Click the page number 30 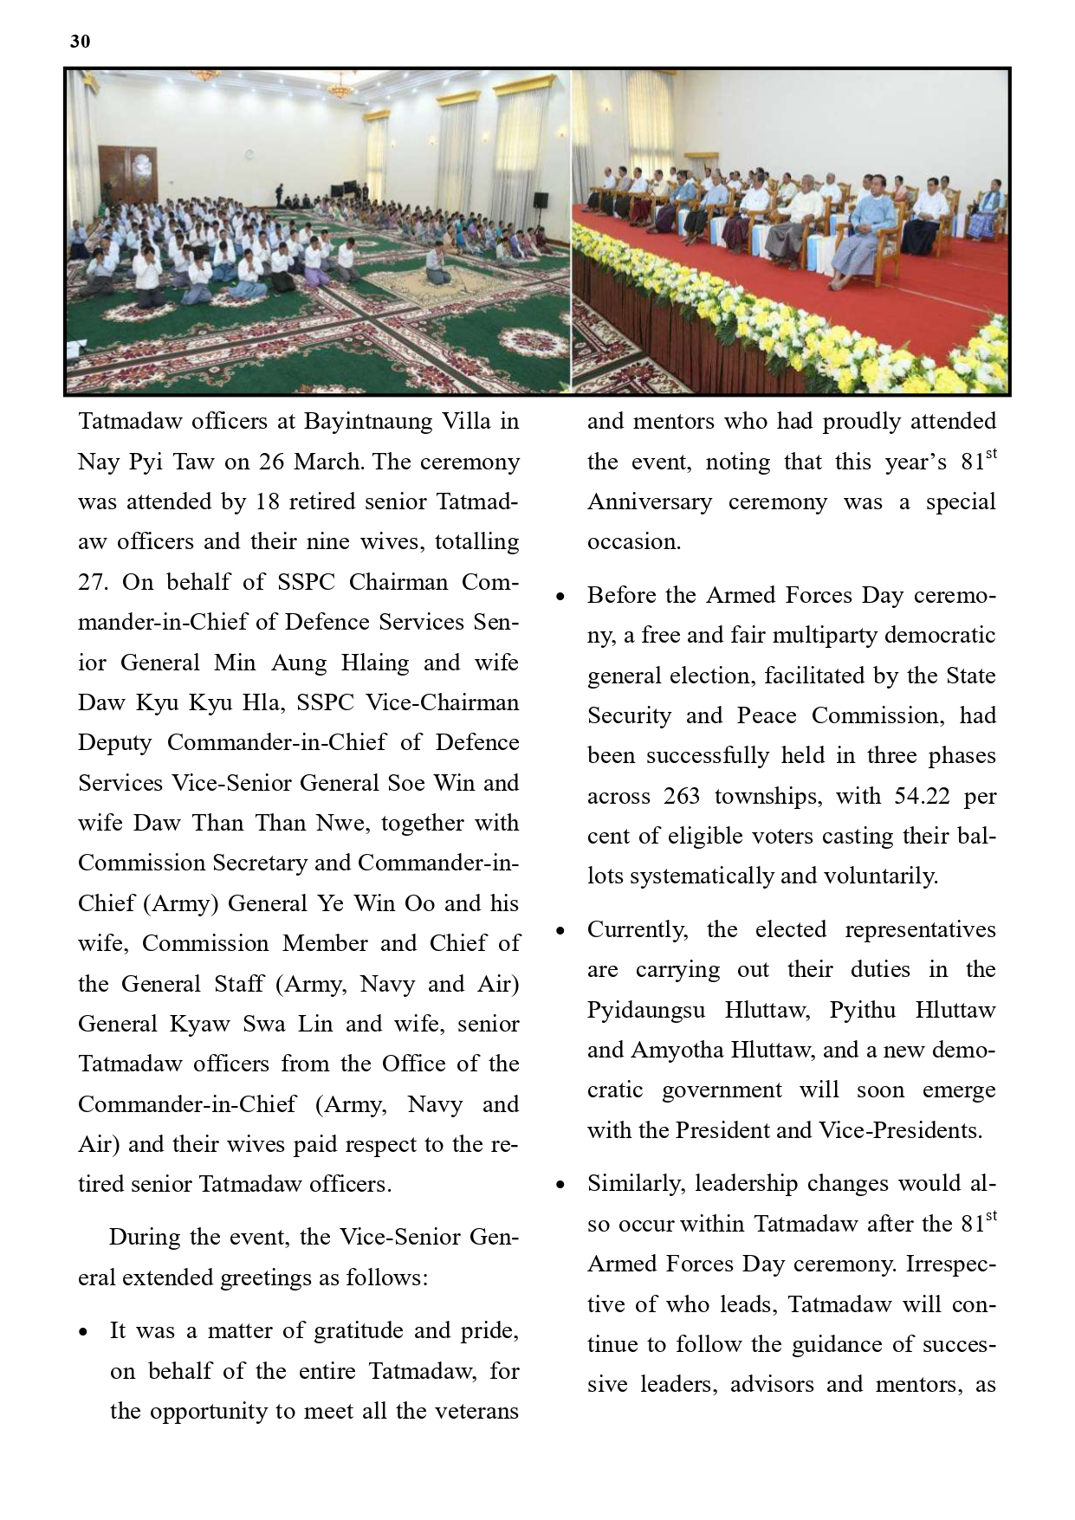pyautogui.click(x=80, y=42)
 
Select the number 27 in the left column pyautogui.click(x=93, y=582)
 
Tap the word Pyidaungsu pyautogui.click(x=646, y=1011)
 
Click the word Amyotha pyautogui.click(x=678, y=1051)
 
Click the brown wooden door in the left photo pyautogui.click(x=128, y=178)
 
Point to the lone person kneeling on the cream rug pyautogui.click(x=436, y=267)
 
